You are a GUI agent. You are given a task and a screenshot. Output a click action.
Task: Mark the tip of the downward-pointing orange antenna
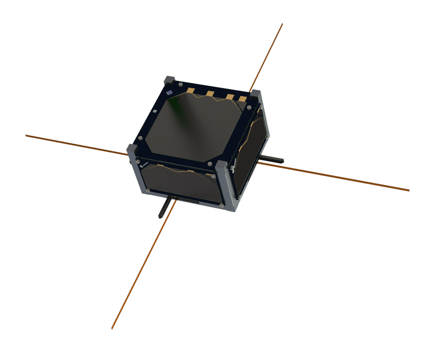point(112,328)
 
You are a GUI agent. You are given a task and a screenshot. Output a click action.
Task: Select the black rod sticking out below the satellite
point(164,208)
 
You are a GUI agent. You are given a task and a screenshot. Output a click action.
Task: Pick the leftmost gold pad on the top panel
point(191,91)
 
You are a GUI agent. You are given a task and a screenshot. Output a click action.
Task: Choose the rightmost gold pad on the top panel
point(243,99)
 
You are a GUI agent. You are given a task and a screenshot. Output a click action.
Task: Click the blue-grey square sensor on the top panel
point(169,93)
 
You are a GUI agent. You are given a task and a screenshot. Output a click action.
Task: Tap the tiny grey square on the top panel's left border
point(155,111)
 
